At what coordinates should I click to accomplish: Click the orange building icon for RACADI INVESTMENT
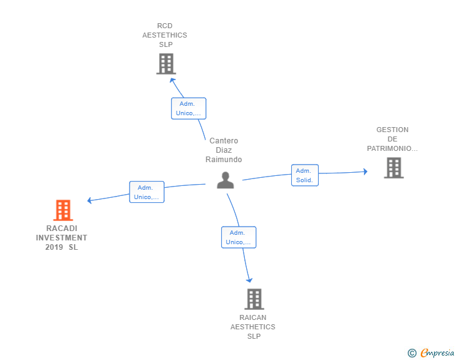pyautogui.click(x=63, y=210)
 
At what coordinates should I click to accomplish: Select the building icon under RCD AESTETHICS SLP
pyautogui.click(x=166, y=64)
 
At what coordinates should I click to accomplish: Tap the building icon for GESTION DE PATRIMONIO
pyautogui.click(x=394, y=168)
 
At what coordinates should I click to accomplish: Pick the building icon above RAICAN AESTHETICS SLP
pyautogui.click(x=254, y=299)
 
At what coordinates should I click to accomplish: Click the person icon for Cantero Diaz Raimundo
pyautogui.click(x=225, y=180)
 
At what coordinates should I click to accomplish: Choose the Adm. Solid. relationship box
pyautogui.click(x=305, y=175)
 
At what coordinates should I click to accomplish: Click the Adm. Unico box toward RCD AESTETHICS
pyautogui.click(x=189, y=108)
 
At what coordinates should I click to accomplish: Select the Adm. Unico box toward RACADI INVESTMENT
pyautogui.click(x=147, y=192)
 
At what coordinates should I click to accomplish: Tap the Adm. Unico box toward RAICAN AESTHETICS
pyautogui.click(x=239, y=237)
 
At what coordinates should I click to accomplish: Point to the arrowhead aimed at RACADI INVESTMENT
pyautogui.click(x=90, y=200)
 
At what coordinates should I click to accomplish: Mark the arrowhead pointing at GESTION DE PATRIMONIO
pyautogui.click(x=366, y=172)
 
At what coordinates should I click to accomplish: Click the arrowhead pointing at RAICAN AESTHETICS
pyautogui.click(x=249, y=280)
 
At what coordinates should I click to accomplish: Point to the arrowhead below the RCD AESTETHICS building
pyautogui.click(x=172, y=80)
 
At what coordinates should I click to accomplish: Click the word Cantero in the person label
pyautogui.click(x=224, y=141)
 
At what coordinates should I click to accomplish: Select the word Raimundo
pyautogui.click(x=224, y=160)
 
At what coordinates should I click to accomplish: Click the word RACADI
pyautogui.click(x=61, y=229)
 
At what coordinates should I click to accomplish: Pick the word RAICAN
pyautogui.click(x=252, y=317)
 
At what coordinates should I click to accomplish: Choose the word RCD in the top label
pyautogui.click(x=165, y=26)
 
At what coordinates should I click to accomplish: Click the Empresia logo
pyautogui.click(x=431, y=352)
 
